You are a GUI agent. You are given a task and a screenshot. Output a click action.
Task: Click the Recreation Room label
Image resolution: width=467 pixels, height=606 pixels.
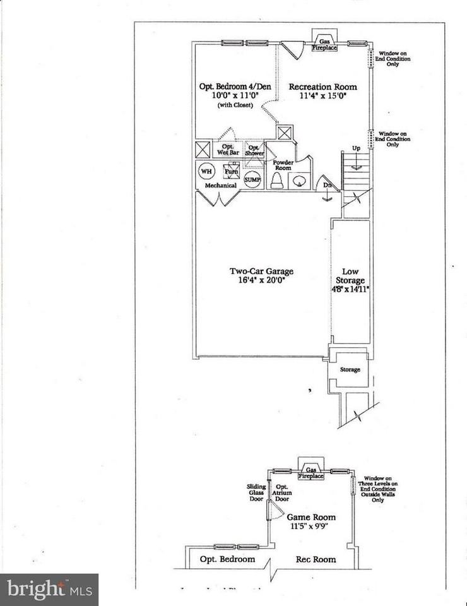click(322, 87)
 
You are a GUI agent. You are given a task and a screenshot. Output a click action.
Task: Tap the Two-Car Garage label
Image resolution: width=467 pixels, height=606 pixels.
click(261, 272)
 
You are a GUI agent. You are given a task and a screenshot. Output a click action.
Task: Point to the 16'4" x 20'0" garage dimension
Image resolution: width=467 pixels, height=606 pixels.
click(261, 281)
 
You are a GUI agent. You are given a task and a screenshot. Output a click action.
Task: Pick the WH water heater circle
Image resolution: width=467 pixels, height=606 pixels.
click(206, 171)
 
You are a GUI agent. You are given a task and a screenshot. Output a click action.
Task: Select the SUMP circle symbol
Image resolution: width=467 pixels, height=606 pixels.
click(252, 179)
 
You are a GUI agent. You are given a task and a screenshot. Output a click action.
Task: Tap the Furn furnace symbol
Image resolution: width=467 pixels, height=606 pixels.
click(231, 170)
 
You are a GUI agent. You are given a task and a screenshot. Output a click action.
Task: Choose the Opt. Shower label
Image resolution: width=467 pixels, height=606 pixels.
click(254, 150)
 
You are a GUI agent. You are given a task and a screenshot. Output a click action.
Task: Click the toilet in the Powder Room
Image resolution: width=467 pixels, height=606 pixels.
click(277, 181)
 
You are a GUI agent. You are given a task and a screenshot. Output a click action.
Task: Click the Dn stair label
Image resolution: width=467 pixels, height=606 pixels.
click(328, 186)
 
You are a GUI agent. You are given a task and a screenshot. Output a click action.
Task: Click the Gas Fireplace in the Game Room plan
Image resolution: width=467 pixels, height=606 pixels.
click(310, 473)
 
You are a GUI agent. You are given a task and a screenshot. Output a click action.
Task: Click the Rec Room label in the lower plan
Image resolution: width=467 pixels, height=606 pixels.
click(316, 559)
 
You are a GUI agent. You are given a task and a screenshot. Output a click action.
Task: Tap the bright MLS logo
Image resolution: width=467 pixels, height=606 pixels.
click(49, 590)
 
